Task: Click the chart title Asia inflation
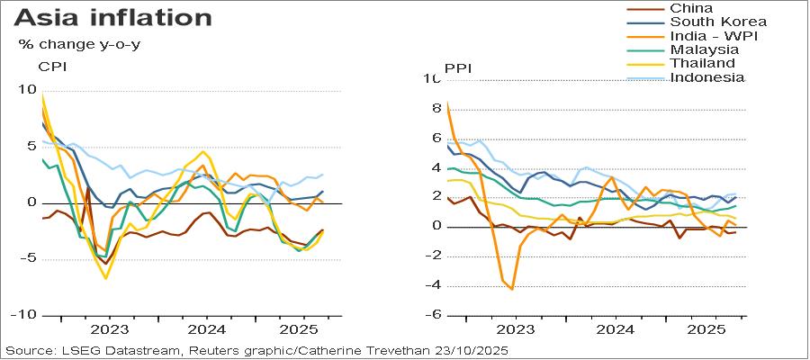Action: [x=113, y=18]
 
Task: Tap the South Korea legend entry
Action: [x=718, y=22]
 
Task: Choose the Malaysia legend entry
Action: [x=704, y=49]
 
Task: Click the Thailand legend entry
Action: [x=702, y=63]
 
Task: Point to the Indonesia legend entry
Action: [x=707, y=77]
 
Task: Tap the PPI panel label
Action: [x=459, y=68]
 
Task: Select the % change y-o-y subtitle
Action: [x=79, y=43]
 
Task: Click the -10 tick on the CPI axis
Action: [x=24, y=315]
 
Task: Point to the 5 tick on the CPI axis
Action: [x=32, y=147]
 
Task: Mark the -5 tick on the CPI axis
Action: [x=28, y=259]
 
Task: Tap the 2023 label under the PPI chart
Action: [x=515, y=329]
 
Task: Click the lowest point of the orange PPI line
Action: [x=512, y=289]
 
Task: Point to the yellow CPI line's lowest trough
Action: [x=105, y=278]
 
